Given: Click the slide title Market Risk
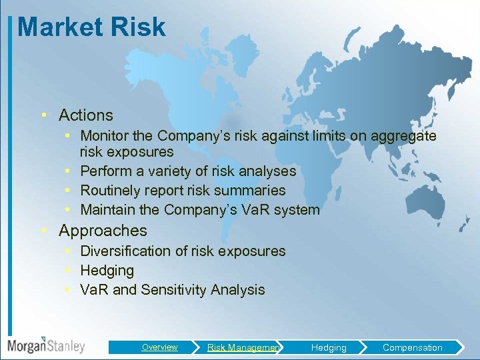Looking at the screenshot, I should (x=91, y=27).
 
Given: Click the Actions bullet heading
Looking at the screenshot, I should (x=85, y=115).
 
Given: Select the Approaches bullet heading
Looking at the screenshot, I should (x=103, y=231).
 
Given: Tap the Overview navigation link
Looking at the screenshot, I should (x=159, y=347).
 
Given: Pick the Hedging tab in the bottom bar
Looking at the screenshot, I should (x=329, y=347).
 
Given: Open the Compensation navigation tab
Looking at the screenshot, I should (x=412, y=347).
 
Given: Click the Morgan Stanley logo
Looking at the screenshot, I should (x=46, y=345).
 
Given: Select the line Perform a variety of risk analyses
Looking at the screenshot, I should (x=188, y=171).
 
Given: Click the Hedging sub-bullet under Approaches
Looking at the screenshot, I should (x=107, y=271).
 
